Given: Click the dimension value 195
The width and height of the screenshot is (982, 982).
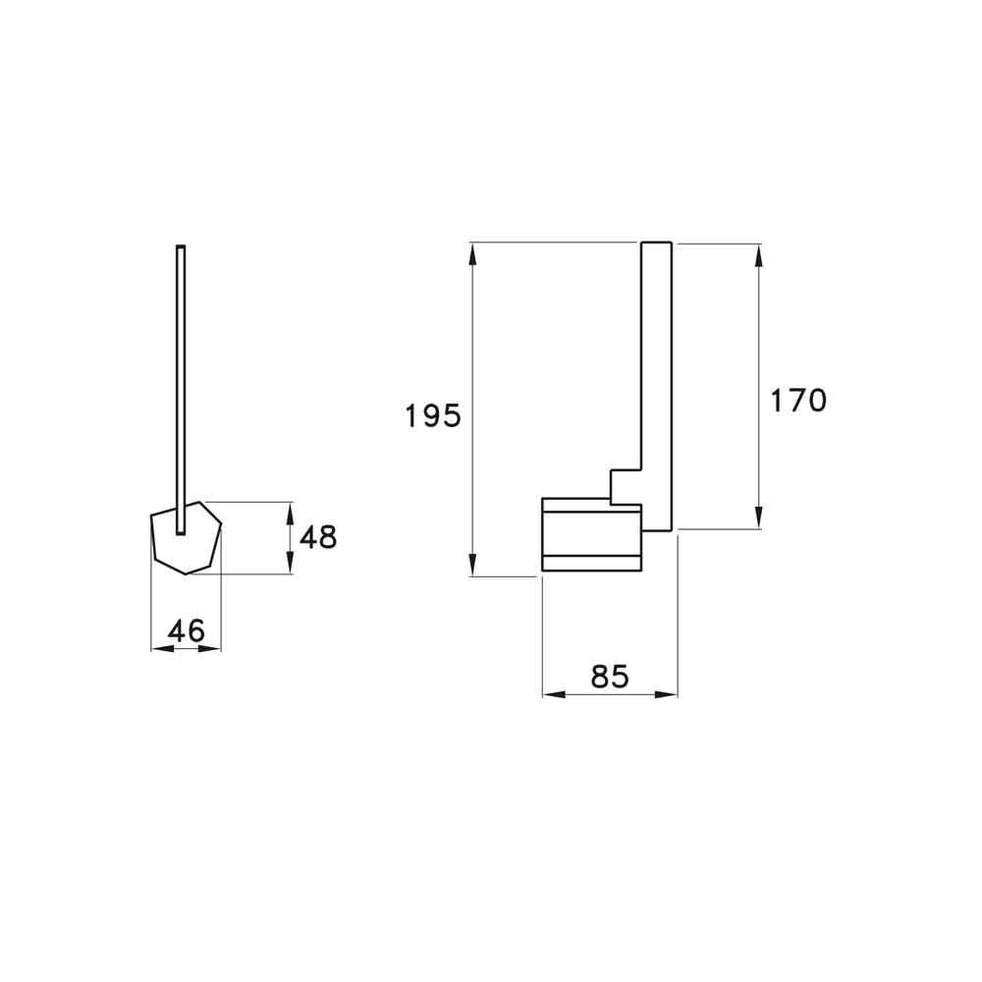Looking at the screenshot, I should pos(433,415).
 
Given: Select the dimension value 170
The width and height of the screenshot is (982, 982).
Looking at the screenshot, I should pos(797,401).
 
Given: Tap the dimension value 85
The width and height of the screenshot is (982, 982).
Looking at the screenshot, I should pos(609,676).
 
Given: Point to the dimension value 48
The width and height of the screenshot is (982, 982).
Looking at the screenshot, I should pos(317,537).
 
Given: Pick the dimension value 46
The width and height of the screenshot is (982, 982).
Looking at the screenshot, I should pos(186,630).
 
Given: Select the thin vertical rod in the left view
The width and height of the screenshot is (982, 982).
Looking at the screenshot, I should pos(180,373).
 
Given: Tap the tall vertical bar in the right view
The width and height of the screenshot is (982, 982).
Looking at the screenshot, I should pos(656,373).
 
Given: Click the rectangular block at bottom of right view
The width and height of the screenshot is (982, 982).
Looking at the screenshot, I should pos(591,535).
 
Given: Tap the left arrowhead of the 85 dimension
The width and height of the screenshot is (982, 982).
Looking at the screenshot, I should pos(553,694).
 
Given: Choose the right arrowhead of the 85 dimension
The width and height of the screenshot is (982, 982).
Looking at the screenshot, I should pos(668,694).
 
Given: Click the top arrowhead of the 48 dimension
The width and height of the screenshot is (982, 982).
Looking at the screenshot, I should pos(290,511).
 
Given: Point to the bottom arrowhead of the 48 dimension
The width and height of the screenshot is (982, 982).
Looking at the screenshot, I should pos(290,566).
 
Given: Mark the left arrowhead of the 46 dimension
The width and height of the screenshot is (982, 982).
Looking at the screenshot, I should pos(159,648).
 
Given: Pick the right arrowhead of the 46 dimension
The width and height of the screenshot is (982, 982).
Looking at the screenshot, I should pos(213,648).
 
